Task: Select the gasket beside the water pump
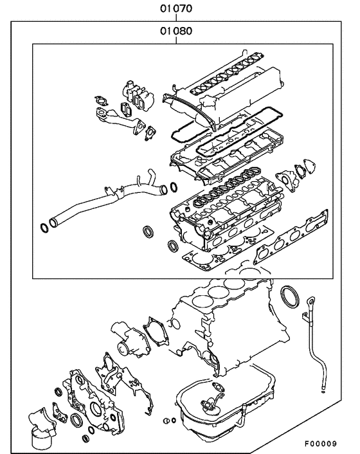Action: (x=156, y=334)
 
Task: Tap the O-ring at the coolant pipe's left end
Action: (x=44, y=226)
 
